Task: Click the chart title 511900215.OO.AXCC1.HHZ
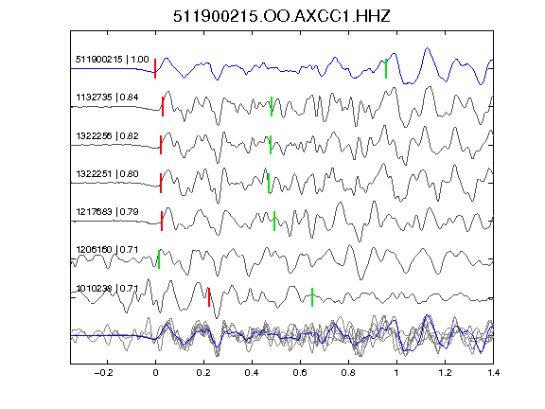click(x=282, y=16)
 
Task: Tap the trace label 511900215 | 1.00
click(x=113, y=60)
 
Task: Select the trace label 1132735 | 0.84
click(x=108, y=98)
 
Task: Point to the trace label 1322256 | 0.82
click(x=108, y=136)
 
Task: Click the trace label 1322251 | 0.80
click(x=108, y=174)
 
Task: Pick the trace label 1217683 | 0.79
click(x=108, y=212)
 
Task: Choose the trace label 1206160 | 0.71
click(x=108, y=250)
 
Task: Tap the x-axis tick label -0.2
click(x=104, y=373)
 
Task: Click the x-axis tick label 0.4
click(x=252, y=373)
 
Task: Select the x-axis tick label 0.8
click(x=348, y=373)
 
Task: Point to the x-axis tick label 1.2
click(x=445, y=373)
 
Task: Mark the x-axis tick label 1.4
click(x=493, y=373)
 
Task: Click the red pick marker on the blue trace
click(x=155, y=68)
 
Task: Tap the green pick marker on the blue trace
click(x=386, y=68)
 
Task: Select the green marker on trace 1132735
click(x=272, y=106)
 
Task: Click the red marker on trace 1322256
click(x=161, y=145)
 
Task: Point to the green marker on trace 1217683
click(x=274, y=221)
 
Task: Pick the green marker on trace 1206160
click(x=159, y=259)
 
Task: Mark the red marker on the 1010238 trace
click(x=209, y=297)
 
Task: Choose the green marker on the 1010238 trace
click(x=312, y=297)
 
